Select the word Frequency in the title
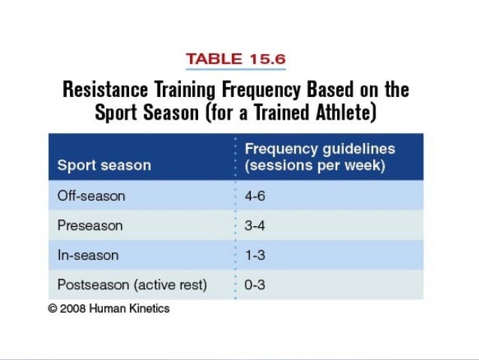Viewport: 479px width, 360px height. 261,90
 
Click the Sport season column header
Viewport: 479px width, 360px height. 104,165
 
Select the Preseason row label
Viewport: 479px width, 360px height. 90,225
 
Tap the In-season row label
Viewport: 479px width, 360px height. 88,255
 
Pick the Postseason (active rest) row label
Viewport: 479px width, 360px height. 132,285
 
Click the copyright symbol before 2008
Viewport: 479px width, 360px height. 53,308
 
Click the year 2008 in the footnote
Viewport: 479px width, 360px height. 74,308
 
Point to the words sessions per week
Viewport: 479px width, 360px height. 315,165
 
